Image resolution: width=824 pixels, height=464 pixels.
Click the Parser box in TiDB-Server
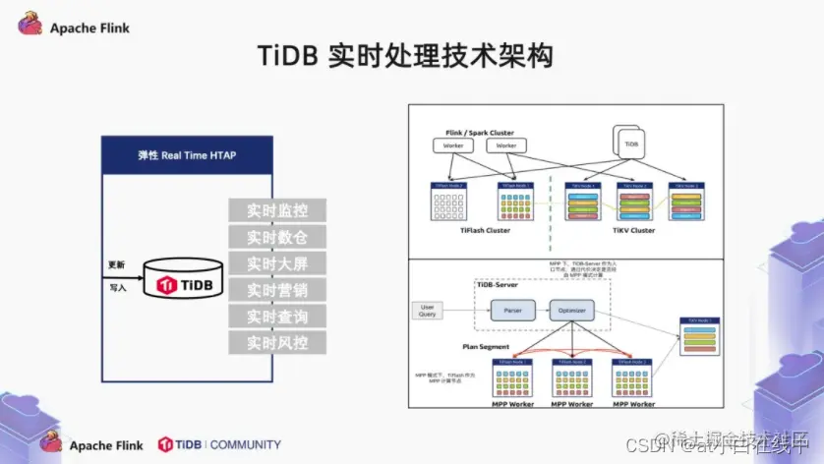point(512,311)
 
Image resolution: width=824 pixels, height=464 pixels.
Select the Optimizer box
point(572,311)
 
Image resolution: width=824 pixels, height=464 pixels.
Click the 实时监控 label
point(276,210)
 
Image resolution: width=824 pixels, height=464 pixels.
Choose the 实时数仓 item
point(276,237)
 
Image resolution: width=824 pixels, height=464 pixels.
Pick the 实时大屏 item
point(276,263)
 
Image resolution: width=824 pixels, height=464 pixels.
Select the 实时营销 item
point(276,290)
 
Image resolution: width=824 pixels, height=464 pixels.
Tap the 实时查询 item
point(276,317)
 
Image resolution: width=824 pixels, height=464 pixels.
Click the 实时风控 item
point(276,343)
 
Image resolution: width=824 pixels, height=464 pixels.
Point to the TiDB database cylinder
point(184,283)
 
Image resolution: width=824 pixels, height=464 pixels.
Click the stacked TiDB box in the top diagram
point(630,143)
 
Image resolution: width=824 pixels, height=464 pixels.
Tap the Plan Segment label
point(485,346)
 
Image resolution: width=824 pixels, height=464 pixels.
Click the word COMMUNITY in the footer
point(246,444)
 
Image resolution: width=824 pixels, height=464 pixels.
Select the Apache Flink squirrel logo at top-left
point(30,25)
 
